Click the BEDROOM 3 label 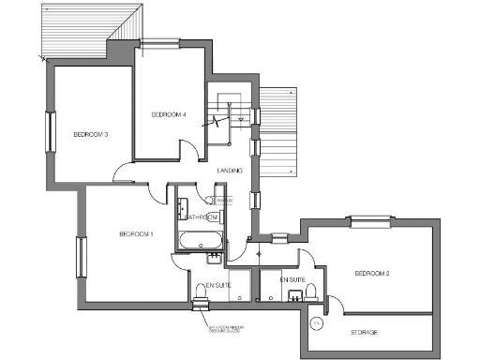point(91,134)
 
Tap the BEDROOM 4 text point(169,114)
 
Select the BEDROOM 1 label point(136,233)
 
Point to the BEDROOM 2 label point(371,274)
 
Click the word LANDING point(231,171)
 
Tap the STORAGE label point(366,332)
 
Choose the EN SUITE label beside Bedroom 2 point(292,279)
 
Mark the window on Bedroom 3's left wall point(50,131)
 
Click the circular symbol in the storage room point(317,323)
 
